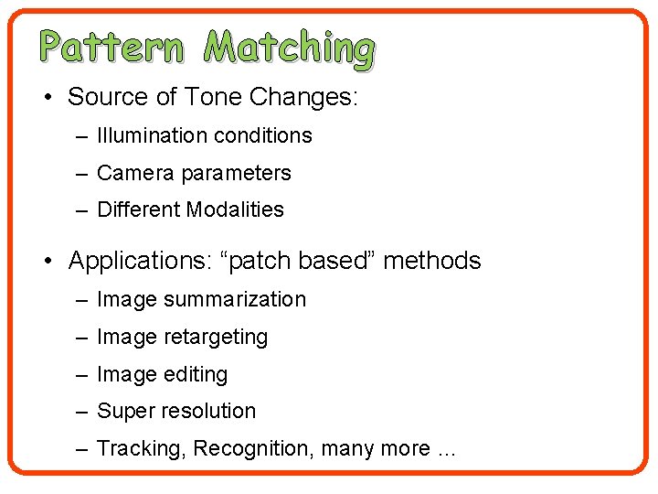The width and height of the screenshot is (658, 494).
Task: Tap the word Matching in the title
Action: coord(289,49)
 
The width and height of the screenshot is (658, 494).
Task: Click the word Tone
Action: coord(218,97)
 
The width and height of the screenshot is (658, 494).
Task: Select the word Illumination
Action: coord(151,135)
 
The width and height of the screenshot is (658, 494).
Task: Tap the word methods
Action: coord(432,261)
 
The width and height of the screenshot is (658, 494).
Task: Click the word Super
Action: coord(124,411)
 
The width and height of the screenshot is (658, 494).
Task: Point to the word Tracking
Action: coord(133,449)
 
